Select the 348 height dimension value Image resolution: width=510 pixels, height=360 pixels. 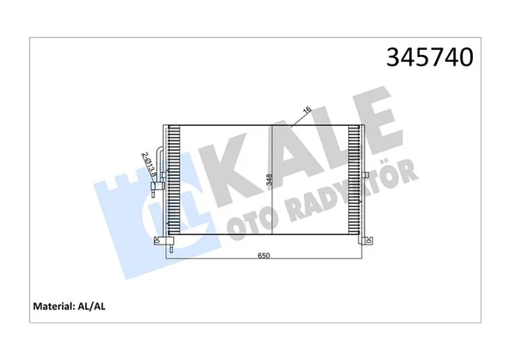coord(268,181)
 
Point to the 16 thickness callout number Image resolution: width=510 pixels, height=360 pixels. coord(307,109)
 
